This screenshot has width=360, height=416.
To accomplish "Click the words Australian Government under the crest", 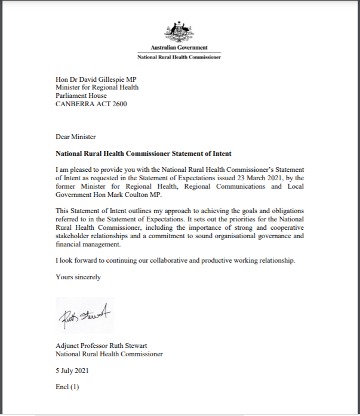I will click(x=179, y=48).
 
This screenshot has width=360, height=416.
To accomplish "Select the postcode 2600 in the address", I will click(x=118, y=104).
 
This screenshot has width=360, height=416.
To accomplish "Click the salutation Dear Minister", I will click(x=75, y=137).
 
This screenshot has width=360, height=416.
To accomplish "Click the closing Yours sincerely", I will click(x=78, y=277).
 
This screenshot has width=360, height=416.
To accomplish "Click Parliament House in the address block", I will click(x=81, y=95).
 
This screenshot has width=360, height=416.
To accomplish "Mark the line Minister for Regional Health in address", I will click(x=97, y=87).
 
